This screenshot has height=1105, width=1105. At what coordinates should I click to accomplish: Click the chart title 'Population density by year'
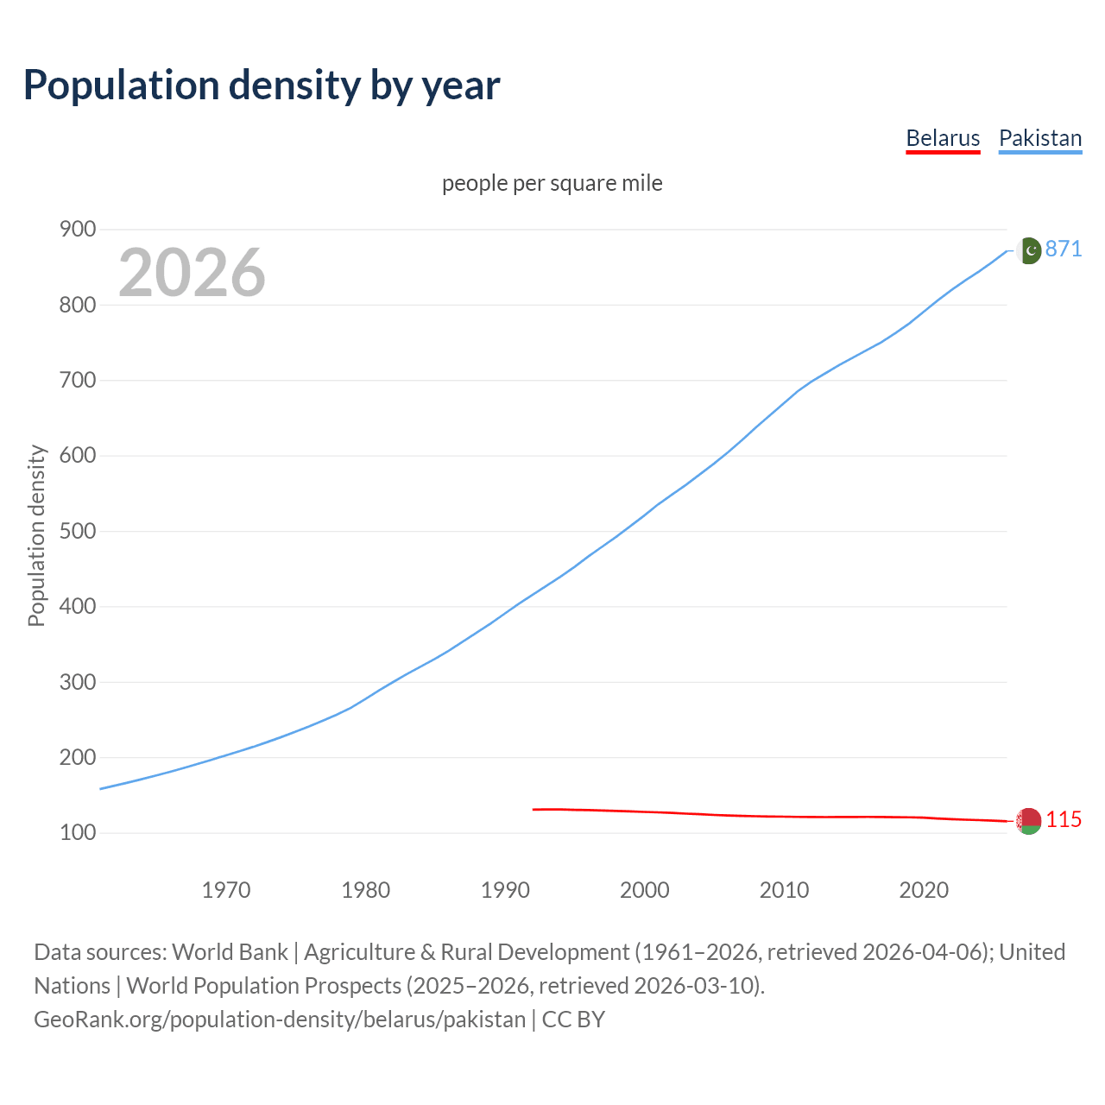[262, 85]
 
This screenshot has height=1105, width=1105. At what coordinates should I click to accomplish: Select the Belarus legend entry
[943, 138]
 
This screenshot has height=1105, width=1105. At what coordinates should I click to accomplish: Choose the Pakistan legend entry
[1040, 138]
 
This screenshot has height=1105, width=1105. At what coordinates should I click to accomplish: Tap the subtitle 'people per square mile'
[552, 183]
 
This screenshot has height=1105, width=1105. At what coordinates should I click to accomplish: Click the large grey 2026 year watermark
[192, 273]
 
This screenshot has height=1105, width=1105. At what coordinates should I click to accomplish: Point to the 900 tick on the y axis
[77, 229]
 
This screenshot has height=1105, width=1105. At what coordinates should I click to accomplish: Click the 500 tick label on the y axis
[77, 531]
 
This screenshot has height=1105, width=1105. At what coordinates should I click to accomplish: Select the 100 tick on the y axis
[77, 833]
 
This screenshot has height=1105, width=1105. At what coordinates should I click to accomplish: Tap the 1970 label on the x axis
[226, 890]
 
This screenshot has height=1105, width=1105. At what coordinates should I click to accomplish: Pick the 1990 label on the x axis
[505, 890]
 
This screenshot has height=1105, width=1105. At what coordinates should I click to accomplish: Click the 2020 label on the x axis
[924, 890]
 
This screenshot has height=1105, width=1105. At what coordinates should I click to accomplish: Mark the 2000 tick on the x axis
[645, 890]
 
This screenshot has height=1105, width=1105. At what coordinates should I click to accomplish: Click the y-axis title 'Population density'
[36, 535]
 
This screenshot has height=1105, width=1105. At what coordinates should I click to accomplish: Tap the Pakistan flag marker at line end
[1028, 250]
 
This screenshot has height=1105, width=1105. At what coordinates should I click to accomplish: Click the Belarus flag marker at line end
[1028, 821]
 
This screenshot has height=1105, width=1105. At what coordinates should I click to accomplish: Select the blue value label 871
[1064, 249]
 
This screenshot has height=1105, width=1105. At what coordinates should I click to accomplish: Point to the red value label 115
[1064, 819]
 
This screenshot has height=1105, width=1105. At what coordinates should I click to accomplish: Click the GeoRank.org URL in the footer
[279, 1020]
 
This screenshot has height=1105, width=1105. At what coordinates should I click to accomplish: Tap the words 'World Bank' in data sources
[230, 952]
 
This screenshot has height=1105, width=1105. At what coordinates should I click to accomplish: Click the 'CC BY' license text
[573, 1020]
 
